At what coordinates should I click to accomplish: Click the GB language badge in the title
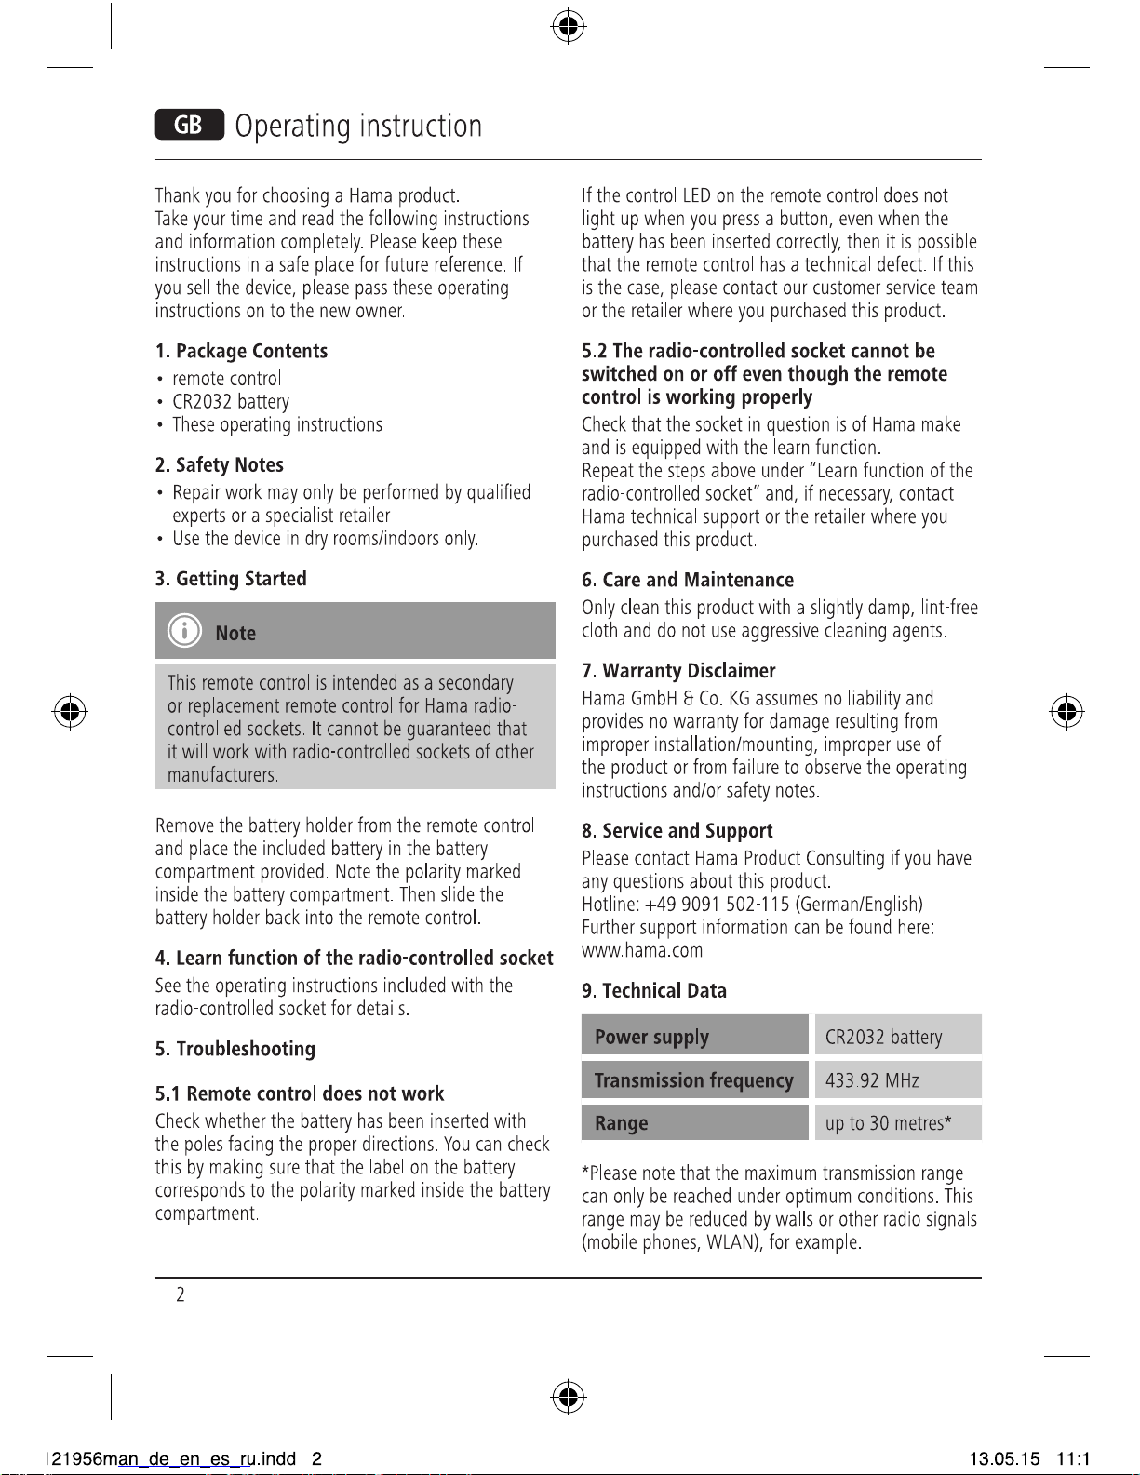[x=189, y=125]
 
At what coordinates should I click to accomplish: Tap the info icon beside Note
[x=184, y=631]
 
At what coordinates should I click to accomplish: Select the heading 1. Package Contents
[x=241, y=351]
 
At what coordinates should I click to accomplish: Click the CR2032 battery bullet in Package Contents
[x=231, y=402]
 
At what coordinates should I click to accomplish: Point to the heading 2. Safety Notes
[x=219, y=465]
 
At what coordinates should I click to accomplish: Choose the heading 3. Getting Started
[x=231, y=579]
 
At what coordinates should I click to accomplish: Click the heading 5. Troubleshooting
[x=235, y=1049]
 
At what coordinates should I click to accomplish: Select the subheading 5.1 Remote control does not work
[x=299, y=1093]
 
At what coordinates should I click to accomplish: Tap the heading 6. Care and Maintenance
[x=688, y=581]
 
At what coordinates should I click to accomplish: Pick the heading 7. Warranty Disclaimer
[x=678, y=671]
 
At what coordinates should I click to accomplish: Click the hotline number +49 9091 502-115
[x=717, y=905]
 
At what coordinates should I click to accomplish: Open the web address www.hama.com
[x=642, y=951]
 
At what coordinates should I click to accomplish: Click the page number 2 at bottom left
[x=181, y=1294]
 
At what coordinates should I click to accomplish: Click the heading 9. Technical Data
[x=654, y=991]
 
